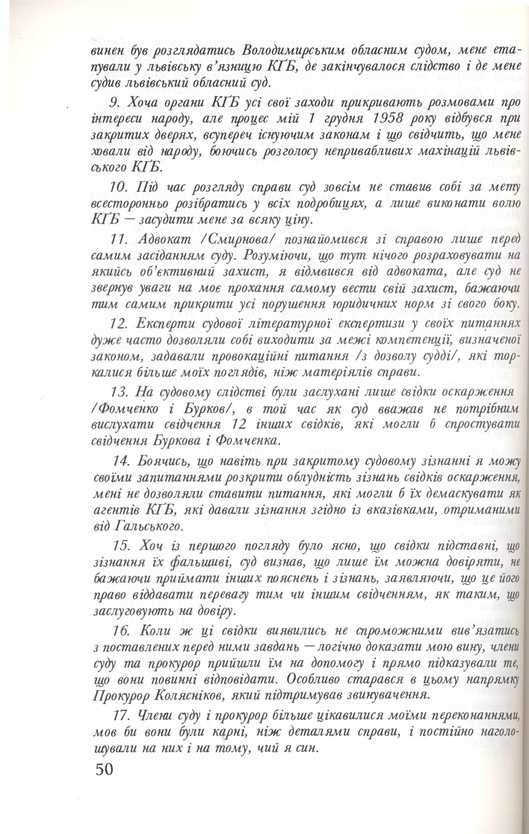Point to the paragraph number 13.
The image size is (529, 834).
120,393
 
